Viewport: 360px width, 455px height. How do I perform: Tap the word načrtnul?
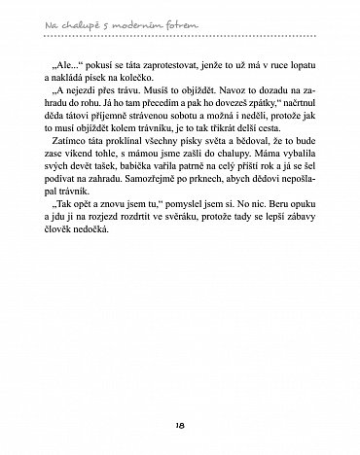[x=293, y=113]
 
